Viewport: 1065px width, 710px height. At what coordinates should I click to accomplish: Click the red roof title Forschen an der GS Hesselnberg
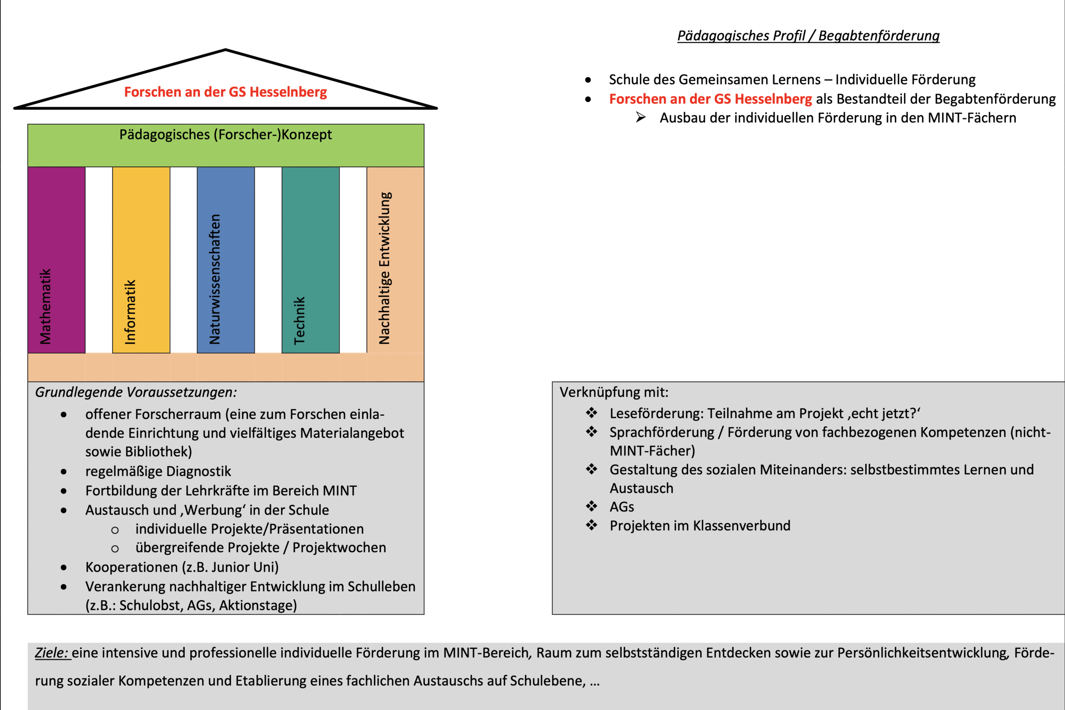click(x=225, y=92)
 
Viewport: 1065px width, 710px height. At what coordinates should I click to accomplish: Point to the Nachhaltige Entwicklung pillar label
click(x=385, y=268)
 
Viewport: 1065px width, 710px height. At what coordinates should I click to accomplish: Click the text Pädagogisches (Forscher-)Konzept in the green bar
click(x=225, y=134)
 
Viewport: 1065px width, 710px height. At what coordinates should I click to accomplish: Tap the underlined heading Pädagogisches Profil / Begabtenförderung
click(x=808, y=35)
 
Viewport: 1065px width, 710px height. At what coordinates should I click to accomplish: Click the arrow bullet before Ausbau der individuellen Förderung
click(x=640, y=117)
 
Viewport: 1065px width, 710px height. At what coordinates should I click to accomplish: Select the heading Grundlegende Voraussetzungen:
click(x=136, y=392)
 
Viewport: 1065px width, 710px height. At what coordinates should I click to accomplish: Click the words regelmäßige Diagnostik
click(x=158, y=472)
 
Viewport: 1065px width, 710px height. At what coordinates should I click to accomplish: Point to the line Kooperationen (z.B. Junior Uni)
click(x=182, y=567)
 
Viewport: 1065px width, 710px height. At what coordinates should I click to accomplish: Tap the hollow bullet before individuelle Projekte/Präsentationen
click(x=115, y=530)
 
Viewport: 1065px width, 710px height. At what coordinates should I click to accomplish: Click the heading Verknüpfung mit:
click(x=614, y=392)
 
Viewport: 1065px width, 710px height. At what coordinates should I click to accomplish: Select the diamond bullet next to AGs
click(x=592, y=506)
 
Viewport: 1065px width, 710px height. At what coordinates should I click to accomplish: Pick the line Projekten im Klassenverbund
click(x=700, y=526)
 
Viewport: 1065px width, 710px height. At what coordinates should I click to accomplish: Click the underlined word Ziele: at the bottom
click(x=52, y=653)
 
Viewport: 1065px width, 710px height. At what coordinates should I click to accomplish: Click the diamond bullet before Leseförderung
click(x=592, y=413)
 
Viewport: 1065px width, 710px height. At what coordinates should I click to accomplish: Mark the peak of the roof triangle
click(x=225, y=50)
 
